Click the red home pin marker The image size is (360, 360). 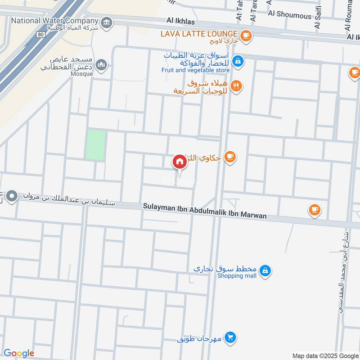click(x=180, y=162)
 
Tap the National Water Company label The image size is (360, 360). click(x=54, y=21)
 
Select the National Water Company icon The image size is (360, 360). click(x=107, y=22)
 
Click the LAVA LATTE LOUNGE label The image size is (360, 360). click(x=200, y=34)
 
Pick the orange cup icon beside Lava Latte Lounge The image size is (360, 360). click(x=245, y=35)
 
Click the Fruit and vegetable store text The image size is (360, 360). click(x=196, y=70)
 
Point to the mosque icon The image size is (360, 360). click(x=102, y=65)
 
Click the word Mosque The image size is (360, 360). click(x=81, y=74)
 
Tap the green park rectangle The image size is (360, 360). click(x=96, y=145)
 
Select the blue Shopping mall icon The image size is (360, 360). click(x=266, y=270)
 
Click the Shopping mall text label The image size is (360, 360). click(x=237, y=276)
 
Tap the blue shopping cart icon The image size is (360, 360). click(x=230, y=337)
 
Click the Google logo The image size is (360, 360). click(x=19, y=353)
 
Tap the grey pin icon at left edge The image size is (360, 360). click(x=12, y=197)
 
